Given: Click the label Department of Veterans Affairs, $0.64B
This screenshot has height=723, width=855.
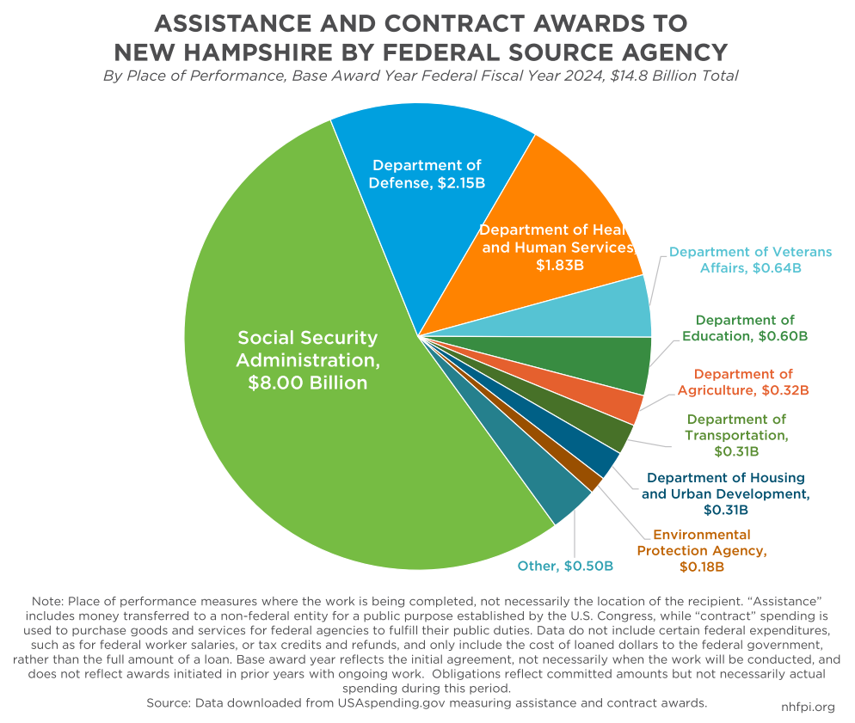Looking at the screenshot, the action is point(750,260).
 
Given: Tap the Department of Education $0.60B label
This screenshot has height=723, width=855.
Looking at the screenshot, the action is point(745,328).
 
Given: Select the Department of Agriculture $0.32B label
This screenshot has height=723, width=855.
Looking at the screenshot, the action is point(743,382).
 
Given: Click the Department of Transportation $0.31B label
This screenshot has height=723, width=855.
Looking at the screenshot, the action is point(736,435).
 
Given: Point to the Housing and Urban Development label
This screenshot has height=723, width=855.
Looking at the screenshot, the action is point(726,493).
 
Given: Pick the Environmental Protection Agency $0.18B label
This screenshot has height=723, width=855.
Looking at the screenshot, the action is point(702,551).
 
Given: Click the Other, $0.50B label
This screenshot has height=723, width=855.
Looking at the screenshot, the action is point(565,566).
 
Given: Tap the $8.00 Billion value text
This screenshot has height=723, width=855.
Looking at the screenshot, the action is point(308,383).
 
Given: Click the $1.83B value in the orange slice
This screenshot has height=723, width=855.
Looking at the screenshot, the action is point(559,266).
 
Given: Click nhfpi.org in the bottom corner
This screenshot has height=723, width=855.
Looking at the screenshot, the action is point(808,708).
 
